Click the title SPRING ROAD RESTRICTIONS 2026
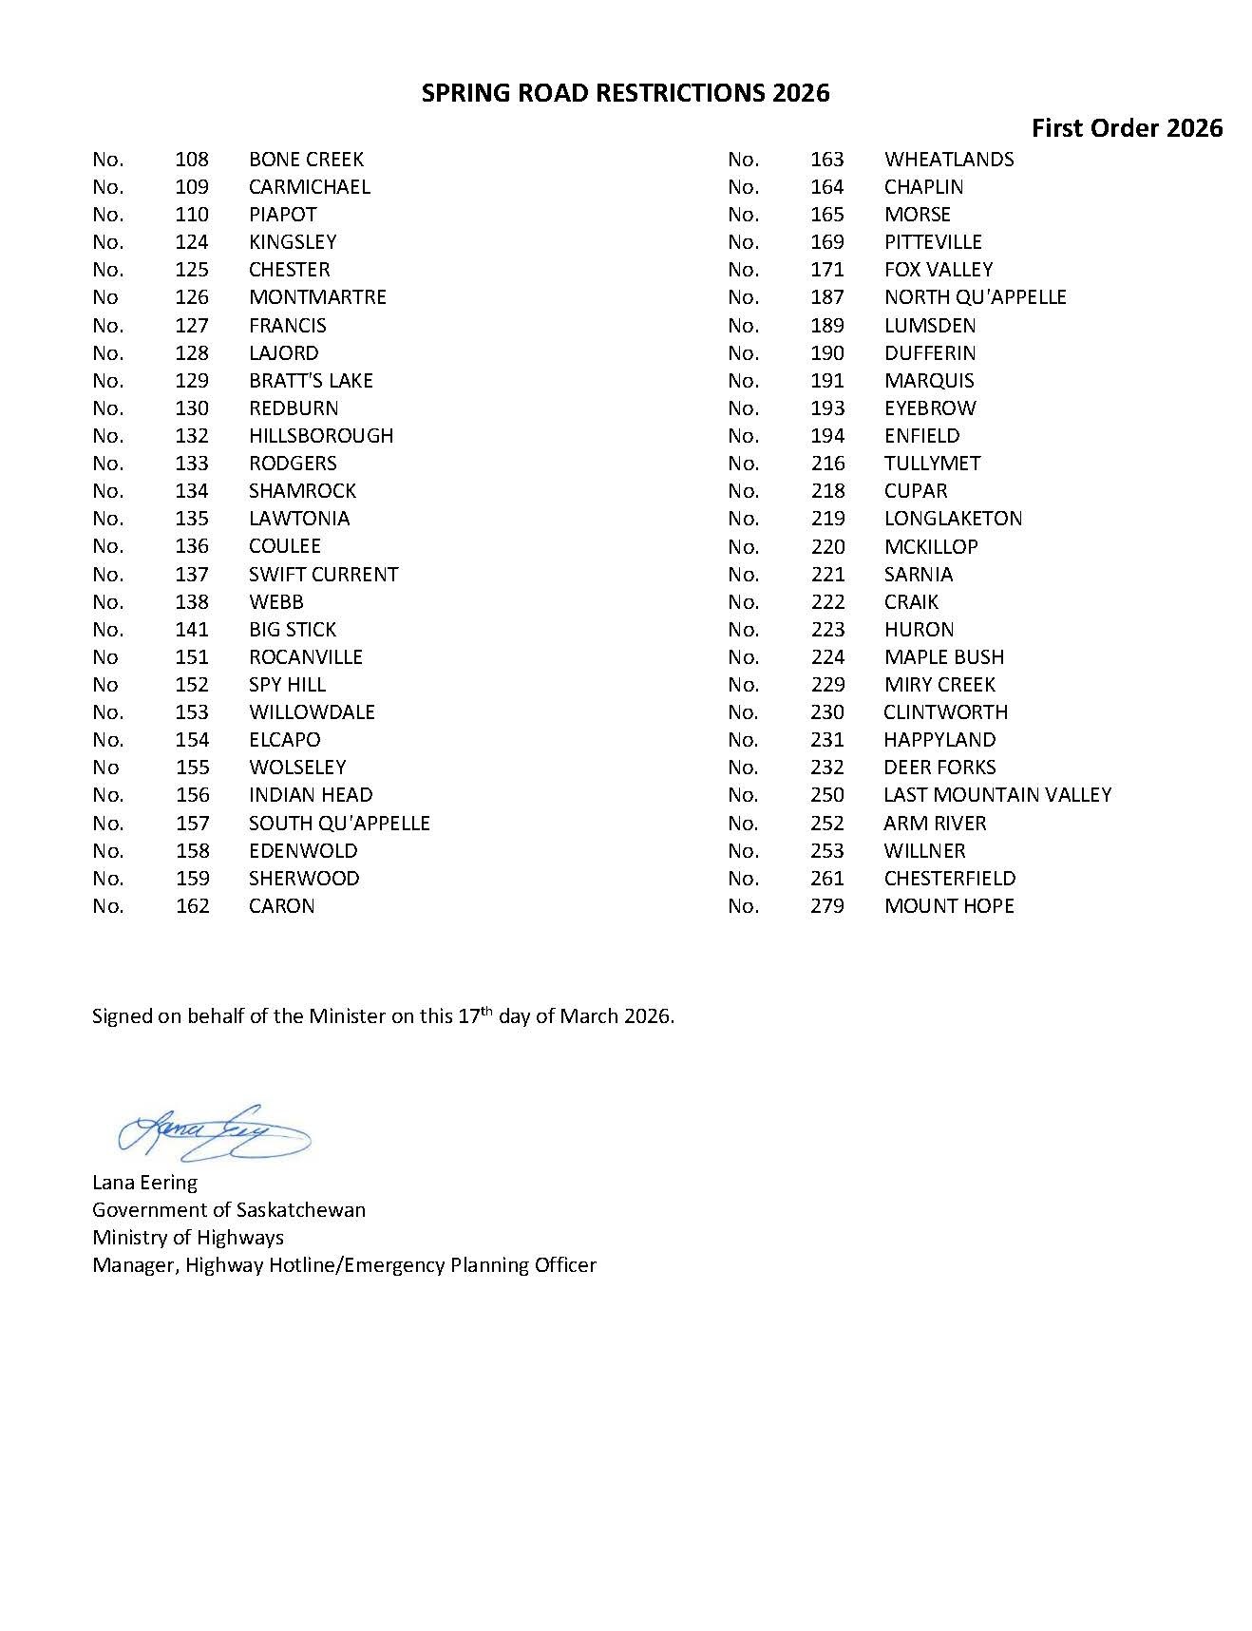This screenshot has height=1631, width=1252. click(625, 92)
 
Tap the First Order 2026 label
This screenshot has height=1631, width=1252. click(1127, 128)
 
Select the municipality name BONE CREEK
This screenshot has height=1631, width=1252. click(306, 160)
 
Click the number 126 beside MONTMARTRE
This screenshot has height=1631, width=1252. click(192, 297)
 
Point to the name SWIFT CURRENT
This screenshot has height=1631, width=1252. click(323, 575)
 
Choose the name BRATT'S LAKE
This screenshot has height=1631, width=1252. click(311, 381)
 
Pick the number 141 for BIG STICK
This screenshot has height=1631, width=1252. click(192, 630)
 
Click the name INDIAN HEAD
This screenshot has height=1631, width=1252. click(311, 795)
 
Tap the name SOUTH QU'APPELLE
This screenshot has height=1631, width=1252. click(339, 824)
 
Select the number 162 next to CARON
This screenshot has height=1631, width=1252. click(192, 906)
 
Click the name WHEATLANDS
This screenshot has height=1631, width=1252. click(948, 160)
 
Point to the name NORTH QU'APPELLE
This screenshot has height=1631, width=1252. click(975, 297)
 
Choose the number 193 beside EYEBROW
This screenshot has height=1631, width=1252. click(827, 408)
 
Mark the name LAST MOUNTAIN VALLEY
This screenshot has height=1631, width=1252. click(997, 795)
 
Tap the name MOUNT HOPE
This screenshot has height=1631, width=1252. click(948, 906)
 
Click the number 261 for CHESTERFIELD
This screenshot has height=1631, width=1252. click(827, 879)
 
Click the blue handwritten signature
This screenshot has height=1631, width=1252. click(214, 1131)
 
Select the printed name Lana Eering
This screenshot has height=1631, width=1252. click(144, 1183)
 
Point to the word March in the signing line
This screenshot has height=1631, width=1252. click(588, 1016)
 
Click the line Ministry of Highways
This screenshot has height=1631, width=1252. click(188, 1238)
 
